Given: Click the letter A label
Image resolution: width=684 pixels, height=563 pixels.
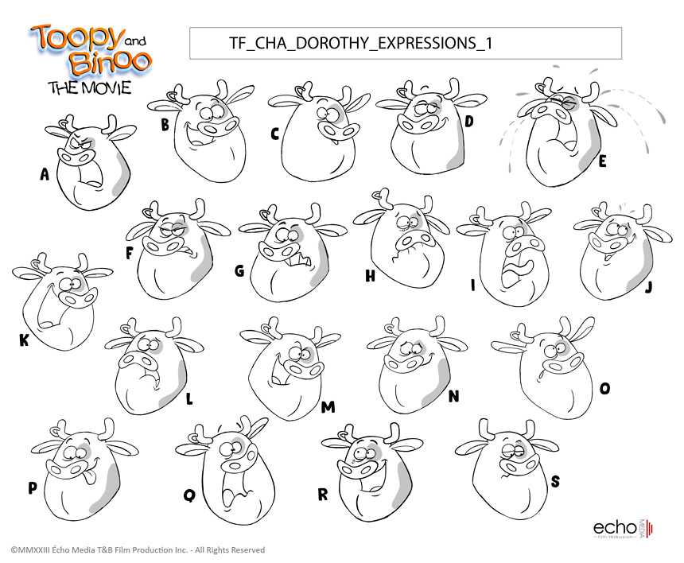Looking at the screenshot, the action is click(x=45, y=174).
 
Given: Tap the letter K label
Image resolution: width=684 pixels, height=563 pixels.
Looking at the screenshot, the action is click(x=24, y=340).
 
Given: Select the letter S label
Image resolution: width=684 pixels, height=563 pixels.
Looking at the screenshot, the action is click(x=555, y=481).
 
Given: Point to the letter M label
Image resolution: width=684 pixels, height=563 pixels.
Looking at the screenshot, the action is click(x=328, y=407).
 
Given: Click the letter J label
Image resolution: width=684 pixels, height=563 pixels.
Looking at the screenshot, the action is click(x=649, y=287).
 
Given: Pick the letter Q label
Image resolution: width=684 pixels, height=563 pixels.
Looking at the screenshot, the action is click(x=190, y=495).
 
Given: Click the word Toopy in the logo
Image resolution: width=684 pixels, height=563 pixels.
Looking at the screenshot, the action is click(x=76, y=37).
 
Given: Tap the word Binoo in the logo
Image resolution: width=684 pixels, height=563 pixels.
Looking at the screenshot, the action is click(x=110, y=62).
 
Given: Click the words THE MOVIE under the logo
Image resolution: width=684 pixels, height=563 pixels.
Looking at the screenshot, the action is click(x=90, y=87).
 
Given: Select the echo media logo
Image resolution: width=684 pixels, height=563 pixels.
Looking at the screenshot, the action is click(x=623, y=528).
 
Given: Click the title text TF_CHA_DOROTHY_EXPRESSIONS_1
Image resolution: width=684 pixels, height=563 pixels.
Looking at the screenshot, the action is click(x=361, y=43).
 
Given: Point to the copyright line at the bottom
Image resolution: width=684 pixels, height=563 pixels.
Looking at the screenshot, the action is click(x=138, y=550).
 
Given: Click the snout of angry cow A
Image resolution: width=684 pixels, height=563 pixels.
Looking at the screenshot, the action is click(x=76, y=156).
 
